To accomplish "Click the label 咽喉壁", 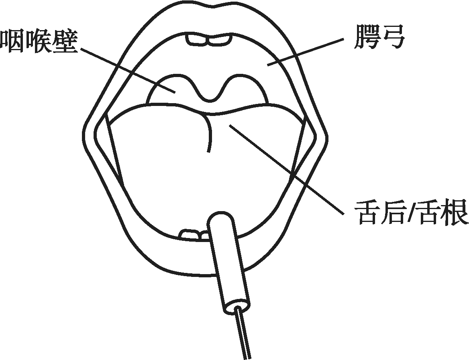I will tap(39, 42).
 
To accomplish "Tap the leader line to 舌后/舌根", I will tap(285, 169).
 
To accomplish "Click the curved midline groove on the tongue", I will tap(209, 132).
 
